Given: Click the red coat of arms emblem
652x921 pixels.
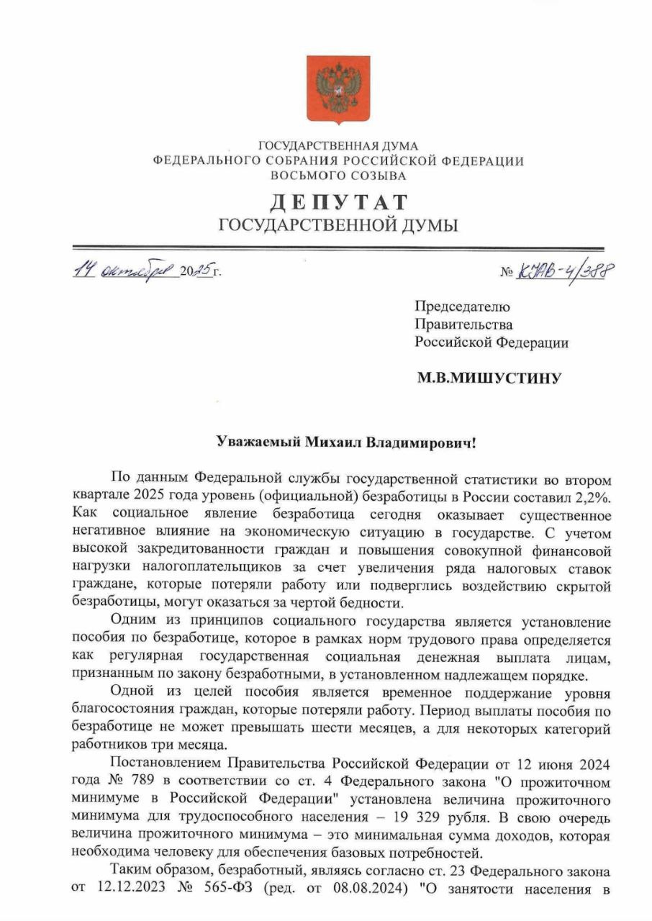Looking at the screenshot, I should coord(338,90).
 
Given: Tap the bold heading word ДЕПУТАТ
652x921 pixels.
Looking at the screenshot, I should coord(338,203).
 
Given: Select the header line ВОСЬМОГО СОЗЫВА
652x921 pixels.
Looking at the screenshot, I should coord(338,176).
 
